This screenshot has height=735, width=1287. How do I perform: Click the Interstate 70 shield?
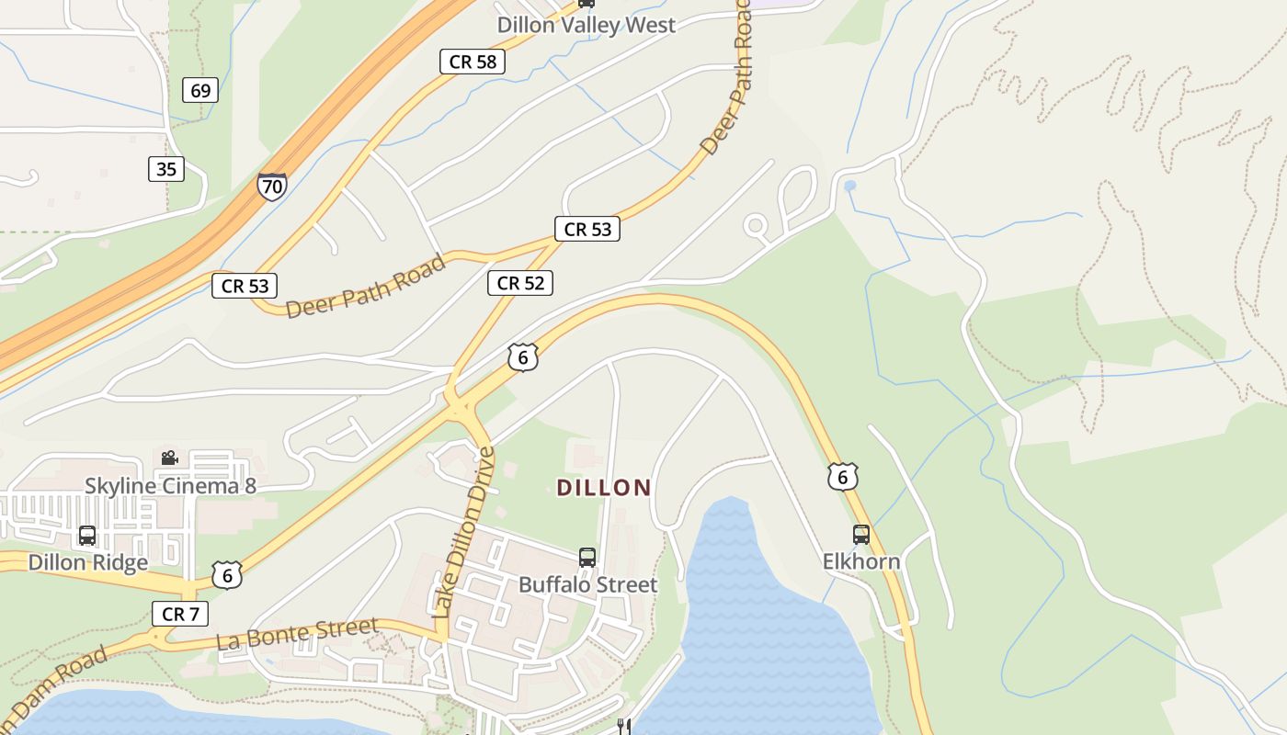click(x=271, y=187)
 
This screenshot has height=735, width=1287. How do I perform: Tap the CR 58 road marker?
click(x=473, y=62)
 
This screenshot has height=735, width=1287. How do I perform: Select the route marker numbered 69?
click(x=199, y=90)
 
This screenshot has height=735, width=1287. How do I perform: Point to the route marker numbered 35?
click(x=166, y=169)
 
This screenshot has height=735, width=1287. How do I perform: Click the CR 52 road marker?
click(x=520, y=283)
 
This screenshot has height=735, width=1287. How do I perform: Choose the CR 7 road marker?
click(x=180, y=614)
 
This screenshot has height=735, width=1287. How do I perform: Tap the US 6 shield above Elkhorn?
click(x=842, y=476)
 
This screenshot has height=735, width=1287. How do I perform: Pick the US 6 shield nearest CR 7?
click(x=227, y=575)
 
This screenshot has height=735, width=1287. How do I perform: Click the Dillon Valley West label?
click(x=587, y=25)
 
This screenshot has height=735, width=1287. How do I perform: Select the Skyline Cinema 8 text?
click(x=170, y=485)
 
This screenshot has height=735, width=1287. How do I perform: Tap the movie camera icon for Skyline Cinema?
click(x=169, y=458)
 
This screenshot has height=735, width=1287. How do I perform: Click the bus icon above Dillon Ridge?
click(x=87, y=535)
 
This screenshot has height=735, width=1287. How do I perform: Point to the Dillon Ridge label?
click(x=88, y=562)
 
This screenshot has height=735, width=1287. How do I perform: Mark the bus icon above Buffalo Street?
click(x=587, y=557)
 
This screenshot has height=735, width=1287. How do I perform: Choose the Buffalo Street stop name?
click(x=588, y=584)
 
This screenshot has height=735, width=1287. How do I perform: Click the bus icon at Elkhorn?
click(x=861, y=534)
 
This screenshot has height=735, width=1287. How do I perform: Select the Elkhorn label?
click(x=861, y=560)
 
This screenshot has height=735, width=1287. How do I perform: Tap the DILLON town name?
click(x=604, y=488)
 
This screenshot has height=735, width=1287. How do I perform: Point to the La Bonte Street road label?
click(x=297, y=634)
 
